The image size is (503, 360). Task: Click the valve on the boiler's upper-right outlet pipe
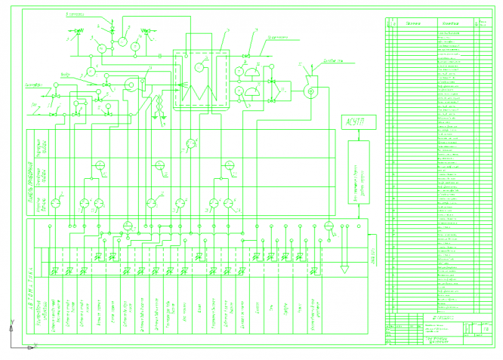(246, 57)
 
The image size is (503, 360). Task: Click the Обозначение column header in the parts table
(412, 26)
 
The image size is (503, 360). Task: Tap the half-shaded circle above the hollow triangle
(329, 225)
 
